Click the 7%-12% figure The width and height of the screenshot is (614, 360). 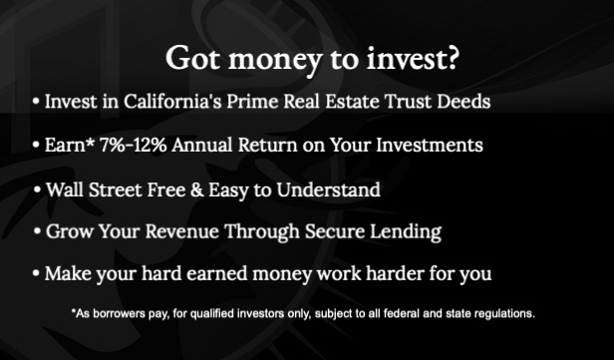tap(133, 145)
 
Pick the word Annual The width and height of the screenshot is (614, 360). tap(202, 145)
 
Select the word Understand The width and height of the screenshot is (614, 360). tap(328, 190)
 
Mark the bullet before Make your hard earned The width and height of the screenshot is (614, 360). tap(36, 273)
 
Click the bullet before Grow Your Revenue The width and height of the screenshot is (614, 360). tap(37, 231)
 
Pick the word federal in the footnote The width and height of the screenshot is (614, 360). tap(398, 313)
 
